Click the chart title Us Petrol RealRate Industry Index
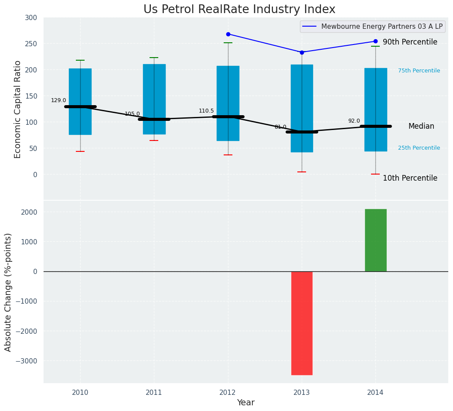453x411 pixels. click(239, 10)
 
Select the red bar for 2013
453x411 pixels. click(302, 323)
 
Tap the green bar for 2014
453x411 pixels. click(375, 240)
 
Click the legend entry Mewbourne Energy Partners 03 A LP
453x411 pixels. click(381, 27)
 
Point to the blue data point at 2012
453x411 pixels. click(228, 34)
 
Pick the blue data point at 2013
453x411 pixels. click(302, 52)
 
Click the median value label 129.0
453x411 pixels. click(58, 100)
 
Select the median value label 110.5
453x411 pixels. click(206, 111)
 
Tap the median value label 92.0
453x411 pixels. click(354, 121)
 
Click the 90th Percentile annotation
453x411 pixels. click(410, 42)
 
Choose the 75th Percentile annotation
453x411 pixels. click(419, 71)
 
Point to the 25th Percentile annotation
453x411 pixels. click(419, 148)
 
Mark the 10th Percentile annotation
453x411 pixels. click(410, 178)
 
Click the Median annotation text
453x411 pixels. click(421, 126)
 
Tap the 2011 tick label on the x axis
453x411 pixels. click(154, 393)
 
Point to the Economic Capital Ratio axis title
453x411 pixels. click(18, 109)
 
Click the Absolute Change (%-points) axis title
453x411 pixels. click(8, 292)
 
